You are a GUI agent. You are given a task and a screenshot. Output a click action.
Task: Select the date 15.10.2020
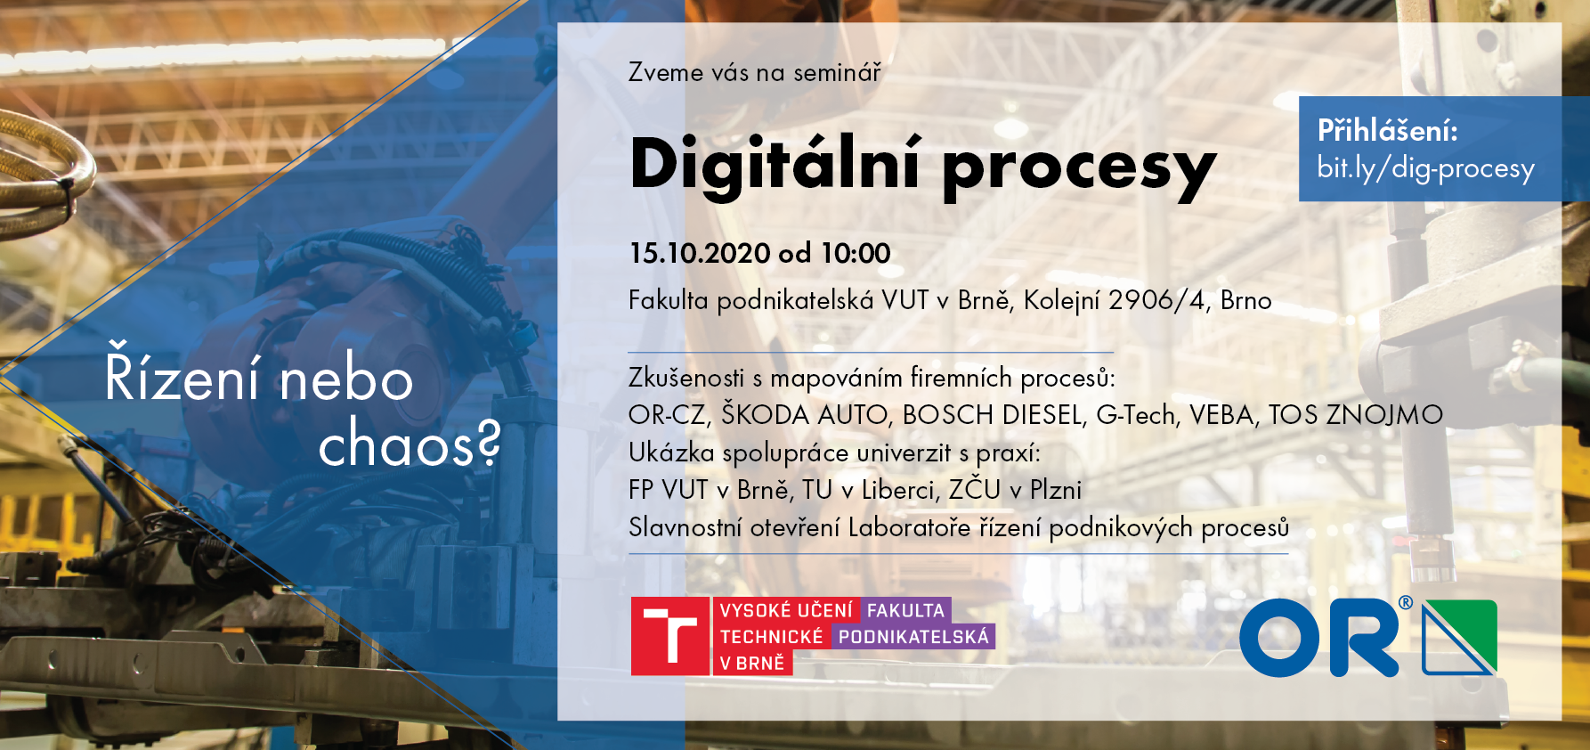click(x=700, y=253)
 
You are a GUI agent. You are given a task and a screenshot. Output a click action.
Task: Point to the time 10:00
click(x=856, y=253)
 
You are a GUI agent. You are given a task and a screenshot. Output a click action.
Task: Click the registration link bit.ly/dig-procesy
click(x=1425, y=168)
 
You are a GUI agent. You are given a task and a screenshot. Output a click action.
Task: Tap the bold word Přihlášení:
click(x=1388, y=131)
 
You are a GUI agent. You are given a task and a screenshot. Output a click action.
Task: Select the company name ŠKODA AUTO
click(x=805, y=414)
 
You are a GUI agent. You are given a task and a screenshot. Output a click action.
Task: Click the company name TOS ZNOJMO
click(x=1355, y=415)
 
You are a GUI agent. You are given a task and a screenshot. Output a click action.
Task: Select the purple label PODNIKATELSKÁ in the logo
click(x=913, y=637)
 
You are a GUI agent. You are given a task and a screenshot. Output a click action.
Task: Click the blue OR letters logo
click(x=1321, y=637)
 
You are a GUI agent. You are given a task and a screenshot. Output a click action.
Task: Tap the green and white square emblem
click(x=1460, y=637)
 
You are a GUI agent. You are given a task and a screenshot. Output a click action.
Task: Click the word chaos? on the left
click(x=410, y=444)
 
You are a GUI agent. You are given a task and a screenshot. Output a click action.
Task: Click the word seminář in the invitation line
click(x=837, y=72)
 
